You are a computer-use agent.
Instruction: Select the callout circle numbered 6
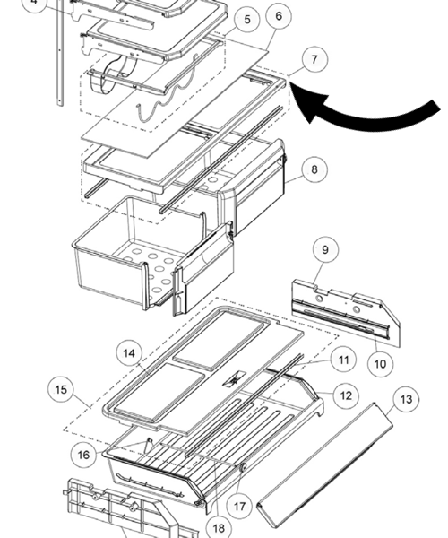tap(280, 16)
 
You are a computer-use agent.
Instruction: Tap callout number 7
tap(314, 61)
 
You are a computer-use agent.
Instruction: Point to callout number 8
tap(314, 168)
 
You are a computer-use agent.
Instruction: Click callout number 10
tap(378, 363)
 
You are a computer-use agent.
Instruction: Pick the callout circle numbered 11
tap(342, 360)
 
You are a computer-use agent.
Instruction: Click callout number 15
tap(61, 390)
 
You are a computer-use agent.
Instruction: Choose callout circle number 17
tap(239, 505)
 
